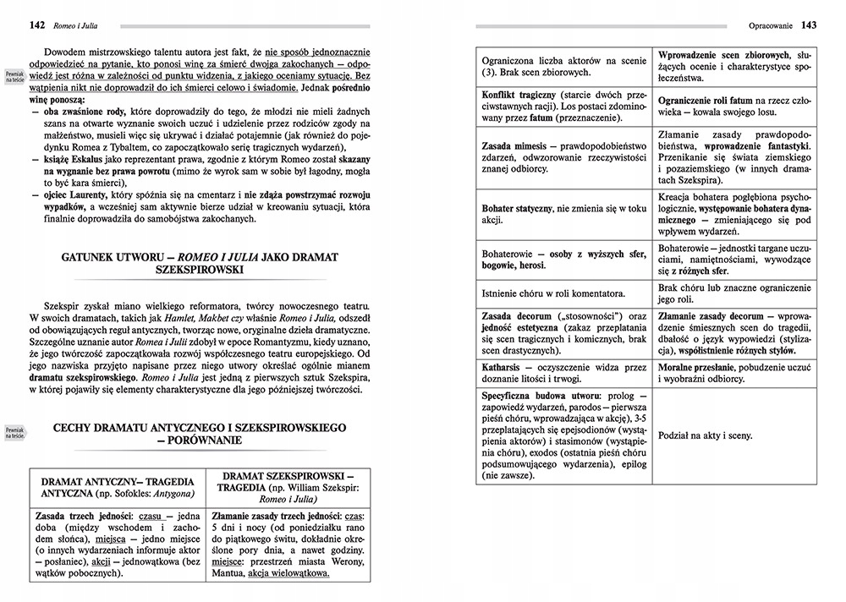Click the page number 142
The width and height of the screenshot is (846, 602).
[x=36, y=24]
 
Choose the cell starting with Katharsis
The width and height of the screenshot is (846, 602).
[x=563, y=375]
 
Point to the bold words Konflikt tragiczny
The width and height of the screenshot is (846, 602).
[x=519, y=93]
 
